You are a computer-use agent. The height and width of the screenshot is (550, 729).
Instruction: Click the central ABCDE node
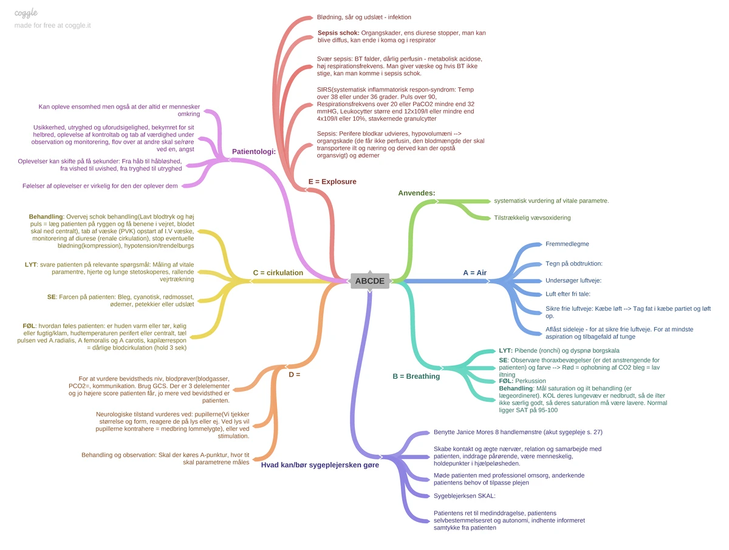[x=369, y=281]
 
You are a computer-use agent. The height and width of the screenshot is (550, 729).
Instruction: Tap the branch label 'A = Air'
[x=474, y=273]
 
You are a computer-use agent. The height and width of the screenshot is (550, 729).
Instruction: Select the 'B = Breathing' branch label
[x=416, y=376]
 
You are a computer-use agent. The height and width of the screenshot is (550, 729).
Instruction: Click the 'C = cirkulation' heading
[x=278, y=273]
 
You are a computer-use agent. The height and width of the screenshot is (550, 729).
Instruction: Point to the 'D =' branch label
[x=294, y=375]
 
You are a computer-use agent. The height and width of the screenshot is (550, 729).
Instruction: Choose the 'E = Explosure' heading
[x=332, y=182]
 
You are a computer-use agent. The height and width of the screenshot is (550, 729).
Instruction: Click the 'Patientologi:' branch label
[x=254, y=152]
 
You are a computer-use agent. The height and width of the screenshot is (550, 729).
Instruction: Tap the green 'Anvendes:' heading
[x=417, y=193]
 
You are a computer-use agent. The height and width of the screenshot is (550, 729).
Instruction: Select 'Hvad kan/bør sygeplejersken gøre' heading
[x=320, y=465]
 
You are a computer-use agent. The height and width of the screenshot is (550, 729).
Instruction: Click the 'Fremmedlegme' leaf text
[x=567, y=244]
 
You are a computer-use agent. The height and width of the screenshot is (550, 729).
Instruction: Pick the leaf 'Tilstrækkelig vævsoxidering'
[x=532, y=217]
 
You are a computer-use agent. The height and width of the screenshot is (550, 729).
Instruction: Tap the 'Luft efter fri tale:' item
[x=567, y=294]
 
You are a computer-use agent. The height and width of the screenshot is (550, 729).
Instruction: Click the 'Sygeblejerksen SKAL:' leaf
[x=464, y=495]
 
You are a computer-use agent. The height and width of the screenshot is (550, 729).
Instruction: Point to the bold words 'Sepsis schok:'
[x=338, y=33]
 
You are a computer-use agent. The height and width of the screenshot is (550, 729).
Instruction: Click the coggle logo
[x=26, y=13]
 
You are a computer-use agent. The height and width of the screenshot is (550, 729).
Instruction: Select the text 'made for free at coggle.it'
[x=52, y=25]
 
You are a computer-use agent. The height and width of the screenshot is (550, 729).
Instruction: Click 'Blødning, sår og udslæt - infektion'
[x=364, y=17]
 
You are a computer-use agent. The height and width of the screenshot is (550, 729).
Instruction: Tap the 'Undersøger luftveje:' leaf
[x=573, y=280]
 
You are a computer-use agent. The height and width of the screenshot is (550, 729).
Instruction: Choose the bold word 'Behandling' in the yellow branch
[x=46, y=217]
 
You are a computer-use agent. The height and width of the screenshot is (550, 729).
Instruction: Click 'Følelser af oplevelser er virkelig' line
[x=100, y=186]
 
